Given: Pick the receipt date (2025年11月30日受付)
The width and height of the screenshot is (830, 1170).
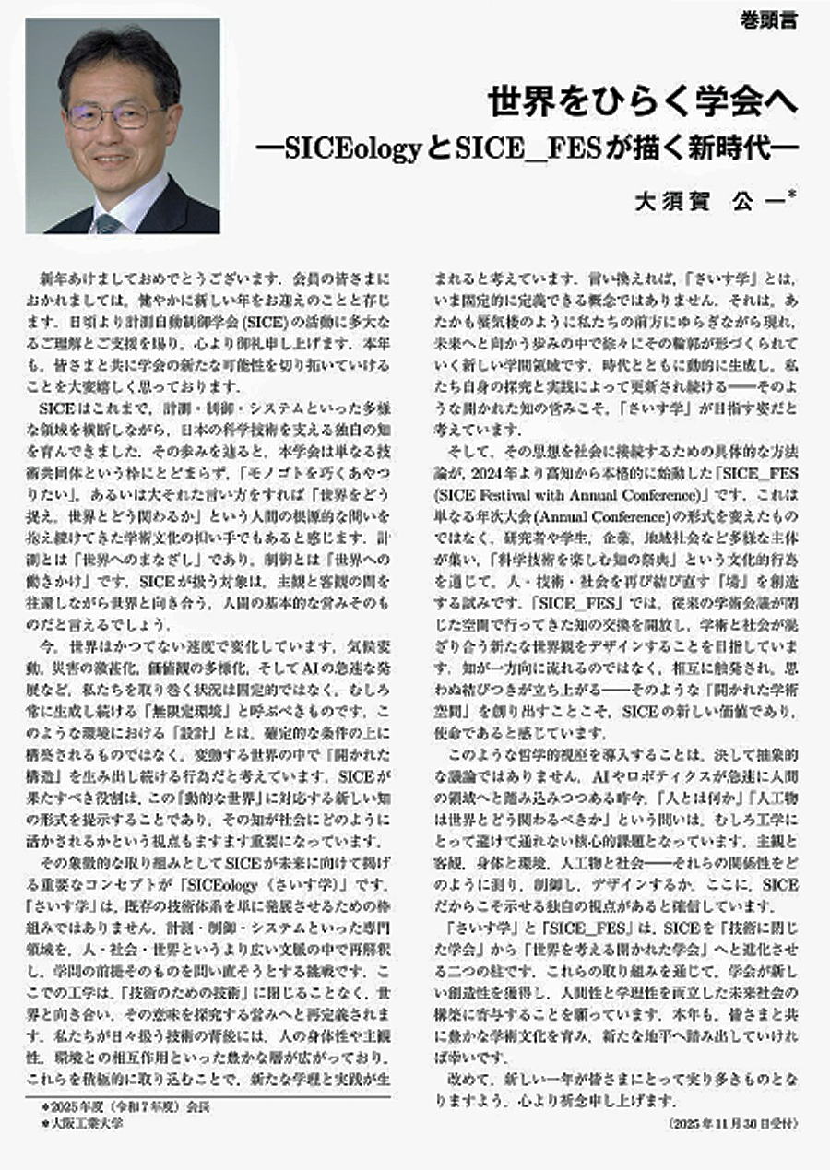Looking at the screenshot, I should (730, 1125).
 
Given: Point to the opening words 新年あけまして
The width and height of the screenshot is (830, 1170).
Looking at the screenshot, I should (82, 278).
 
